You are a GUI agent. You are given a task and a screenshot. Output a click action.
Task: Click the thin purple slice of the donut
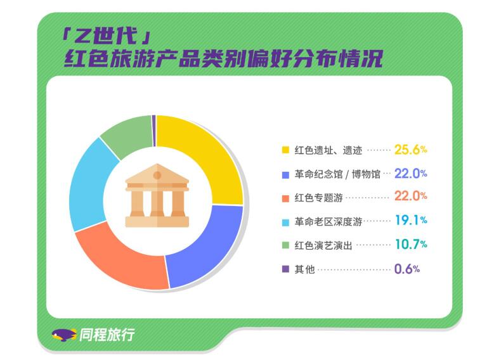(153, 131)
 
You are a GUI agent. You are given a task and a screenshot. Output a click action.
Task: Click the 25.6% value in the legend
(411, 150)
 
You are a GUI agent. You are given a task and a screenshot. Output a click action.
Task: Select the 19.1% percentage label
(411, 221)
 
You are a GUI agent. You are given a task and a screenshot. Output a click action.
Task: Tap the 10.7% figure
(411, 244)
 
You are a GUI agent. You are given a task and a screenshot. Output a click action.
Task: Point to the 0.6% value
(407, 269)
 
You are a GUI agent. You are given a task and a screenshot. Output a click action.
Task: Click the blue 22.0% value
(411, 174)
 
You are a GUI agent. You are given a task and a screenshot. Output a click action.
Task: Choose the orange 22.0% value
(411, 196)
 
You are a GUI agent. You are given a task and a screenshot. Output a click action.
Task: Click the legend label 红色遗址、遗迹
(328, 150)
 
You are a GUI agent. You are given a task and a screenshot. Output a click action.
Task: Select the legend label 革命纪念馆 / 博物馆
(337, 174)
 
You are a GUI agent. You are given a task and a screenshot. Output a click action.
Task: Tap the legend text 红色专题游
(319, 198)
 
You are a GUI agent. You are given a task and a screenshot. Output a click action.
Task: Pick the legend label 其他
(304, 269)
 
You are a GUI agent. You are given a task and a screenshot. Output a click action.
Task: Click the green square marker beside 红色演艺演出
(285, 245)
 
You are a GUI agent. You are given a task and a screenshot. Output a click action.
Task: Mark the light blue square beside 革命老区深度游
(285, 222)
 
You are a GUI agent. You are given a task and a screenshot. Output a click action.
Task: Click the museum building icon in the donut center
(157, 195)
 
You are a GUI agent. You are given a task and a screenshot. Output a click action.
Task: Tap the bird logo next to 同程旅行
(64, 335)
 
